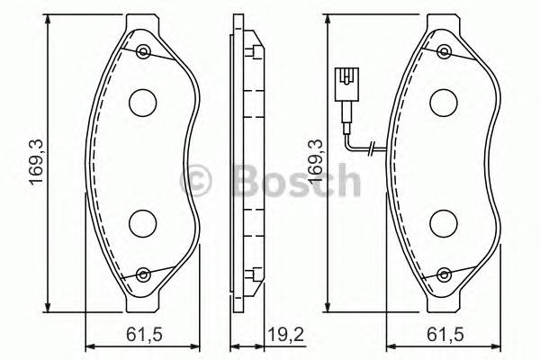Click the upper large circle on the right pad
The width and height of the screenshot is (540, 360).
coord(444,103)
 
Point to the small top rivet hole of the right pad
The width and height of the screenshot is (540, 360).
coord(444,50)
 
